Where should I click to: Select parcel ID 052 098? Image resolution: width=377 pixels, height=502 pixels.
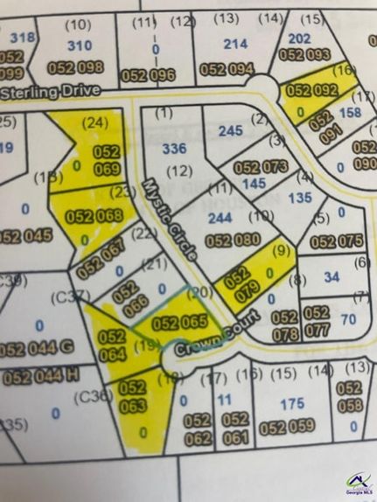[x=79, y=67]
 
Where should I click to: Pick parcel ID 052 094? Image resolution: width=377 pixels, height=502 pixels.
[x=227, y=69]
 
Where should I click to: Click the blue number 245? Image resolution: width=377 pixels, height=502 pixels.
[x=230, y=131]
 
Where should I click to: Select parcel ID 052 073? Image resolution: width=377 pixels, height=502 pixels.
[x=261, y=166]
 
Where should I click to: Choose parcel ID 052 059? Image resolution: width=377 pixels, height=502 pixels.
[x=287, y=428]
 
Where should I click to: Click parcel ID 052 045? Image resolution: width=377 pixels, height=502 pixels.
[x=24, y=236]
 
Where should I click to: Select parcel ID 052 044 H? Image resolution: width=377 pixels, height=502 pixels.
[x=40, y=378]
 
